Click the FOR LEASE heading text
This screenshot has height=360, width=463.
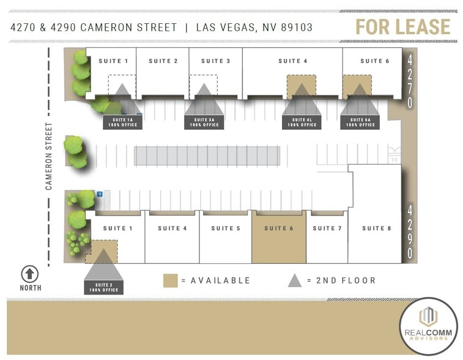[402, 27]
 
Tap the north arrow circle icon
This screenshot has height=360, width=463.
[30, 274]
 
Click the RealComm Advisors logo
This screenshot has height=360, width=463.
[428, 326]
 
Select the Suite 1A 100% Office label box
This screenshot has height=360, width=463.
[122, 122]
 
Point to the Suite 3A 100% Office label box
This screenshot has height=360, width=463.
[204, 122]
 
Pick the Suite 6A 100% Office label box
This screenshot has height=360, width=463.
[360, 122]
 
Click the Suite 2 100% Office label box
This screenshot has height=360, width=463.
[103, 287]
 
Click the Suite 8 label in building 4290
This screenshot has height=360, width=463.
[376, 228]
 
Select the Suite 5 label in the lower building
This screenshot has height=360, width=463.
[226, 228]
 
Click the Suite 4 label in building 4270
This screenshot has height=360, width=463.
[292, 61]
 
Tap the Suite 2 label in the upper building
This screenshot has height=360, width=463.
[163, 61]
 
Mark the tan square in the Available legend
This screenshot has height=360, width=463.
[171, 280]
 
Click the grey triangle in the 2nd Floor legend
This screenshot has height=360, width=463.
[295, 280]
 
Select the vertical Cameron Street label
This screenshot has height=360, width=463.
[49, 156]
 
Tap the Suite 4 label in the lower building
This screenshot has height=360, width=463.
[172, 228]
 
